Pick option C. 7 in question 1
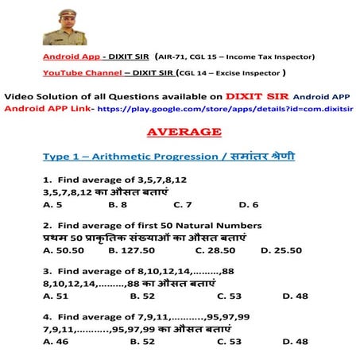coord(183,204)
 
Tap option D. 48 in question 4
coord(295,342)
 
